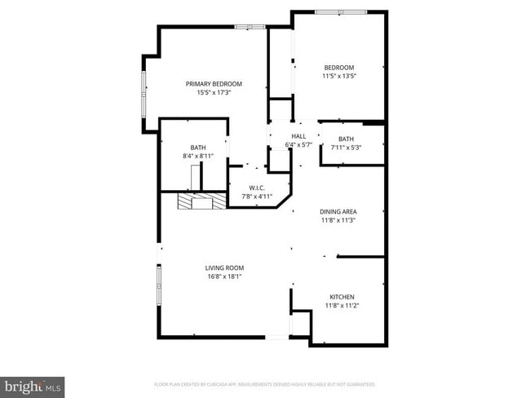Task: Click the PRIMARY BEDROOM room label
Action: [214, 84]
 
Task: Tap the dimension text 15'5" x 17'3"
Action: [214, 93]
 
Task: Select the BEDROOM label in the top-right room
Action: [339, 67]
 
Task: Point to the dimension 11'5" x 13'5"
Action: [339, 76]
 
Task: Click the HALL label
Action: [298, 136]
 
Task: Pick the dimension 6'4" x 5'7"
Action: [298, 144]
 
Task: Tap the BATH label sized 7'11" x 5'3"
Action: [347, 139]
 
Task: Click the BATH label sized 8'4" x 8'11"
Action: [198, 147]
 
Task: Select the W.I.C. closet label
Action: [257, 188]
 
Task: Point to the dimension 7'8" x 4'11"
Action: [257, 197]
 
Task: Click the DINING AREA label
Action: [338, 211]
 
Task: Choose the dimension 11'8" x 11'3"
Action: [338, 220]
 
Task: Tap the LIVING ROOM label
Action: [224, 268]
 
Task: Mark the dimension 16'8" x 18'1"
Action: [224, 276]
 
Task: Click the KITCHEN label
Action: [342, 296]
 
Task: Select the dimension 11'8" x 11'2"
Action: [342, 305]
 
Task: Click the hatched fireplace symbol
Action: [196, 202]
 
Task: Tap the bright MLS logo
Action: [33, 386]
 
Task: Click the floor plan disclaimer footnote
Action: [264, 383]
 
